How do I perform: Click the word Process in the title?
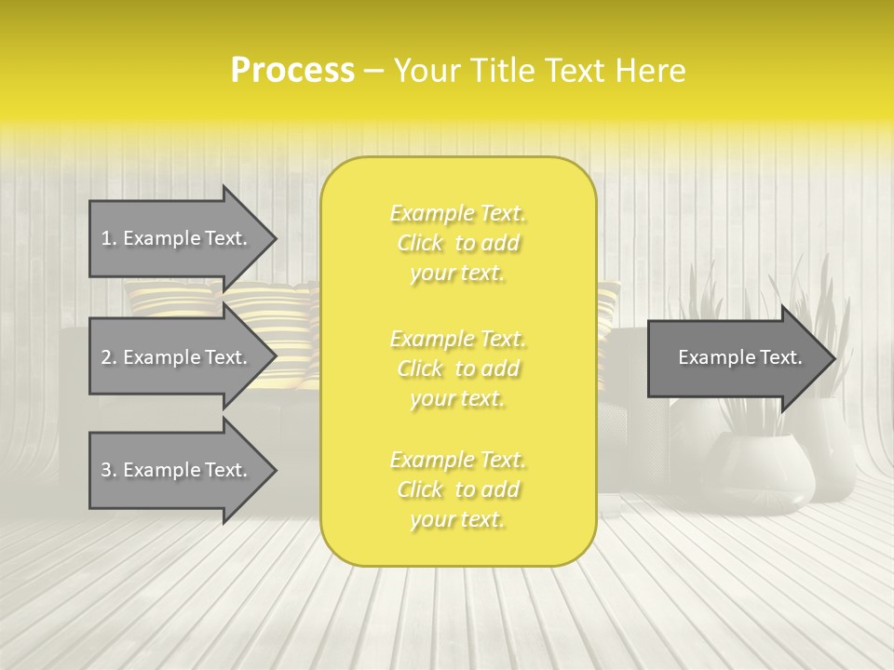click(x=292, y=71)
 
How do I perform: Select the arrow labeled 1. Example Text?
click(x=174, y=238)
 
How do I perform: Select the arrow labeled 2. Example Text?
click(x=174, y=357)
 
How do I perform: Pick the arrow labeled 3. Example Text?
click(x=174, y=470)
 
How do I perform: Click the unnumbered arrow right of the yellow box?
click(x=740, y=358)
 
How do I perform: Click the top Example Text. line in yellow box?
click(x=457, y=214)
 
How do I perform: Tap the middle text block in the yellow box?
click(x=457, y=368)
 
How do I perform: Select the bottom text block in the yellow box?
click(x=457, y=490)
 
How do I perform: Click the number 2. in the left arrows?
click(x=109, y=357)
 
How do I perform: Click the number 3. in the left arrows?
click(x=109, y=470)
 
